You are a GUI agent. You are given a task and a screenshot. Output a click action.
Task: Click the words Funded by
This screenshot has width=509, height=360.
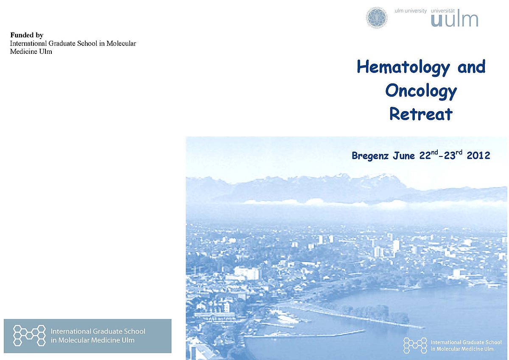[x=27, y=35]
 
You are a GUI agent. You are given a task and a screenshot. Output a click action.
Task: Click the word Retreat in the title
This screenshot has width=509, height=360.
[x=421, y=114]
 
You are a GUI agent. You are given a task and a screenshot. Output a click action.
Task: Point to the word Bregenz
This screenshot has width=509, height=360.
[x=370, y=156]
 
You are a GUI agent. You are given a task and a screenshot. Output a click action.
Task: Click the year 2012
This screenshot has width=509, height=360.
[x=478, y=156]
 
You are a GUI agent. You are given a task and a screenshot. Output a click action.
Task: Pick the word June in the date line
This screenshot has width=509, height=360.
[x=404, y=156]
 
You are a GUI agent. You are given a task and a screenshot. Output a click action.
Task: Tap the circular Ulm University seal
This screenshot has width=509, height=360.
[x=377, y=18]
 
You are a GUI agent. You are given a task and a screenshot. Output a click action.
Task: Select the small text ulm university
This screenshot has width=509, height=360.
[x=411, y=11]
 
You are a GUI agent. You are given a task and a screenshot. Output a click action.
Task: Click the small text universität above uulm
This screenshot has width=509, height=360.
[x=443, y=11]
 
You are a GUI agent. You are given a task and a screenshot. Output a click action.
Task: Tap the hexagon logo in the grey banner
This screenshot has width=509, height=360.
[x=29, y=335]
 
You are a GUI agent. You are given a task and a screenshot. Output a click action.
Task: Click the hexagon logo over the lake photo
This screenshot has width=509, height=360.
[x=415, y=345]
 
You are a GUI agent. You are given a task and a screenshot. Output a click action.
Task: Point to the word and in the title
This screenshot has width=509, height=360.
[x=472, y=67]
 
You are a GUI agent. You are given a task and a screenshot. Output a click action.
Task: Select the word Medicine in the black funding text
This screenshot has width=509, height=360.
[x=24, y=52]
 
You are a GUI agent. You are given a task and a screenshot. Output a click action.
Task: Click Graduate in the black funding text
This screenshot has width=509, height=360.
[x=62, y=43]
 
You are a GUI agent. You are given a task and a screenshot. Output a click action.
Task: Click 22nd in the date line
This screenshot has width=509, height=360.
[x=428, y=155]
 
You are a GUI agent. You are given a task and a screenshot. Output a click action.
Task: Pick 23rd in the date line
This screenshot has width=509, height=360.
[x=453, y=155]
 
